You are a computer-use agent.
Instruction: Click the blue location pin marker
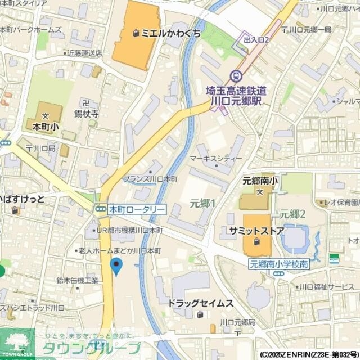pos(116,266)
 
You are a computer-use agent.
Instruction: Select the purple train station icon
pos(236,75)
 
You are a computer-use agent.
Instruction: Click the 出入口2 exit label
pos(256,39)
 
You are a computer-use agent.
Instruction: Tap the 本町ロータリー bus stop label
pos(137,209)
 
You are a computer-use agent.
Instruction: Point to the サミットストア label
pos(256,231)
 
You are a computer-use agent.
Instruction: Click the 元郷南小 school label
pos(260,181)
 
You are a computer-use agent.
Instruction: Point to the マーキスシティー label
pos(216,159)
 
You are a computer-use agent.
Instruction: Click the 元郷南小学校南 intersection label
pos(279,263)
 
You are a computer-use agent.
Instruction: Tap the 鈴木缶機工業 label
pos(78,280)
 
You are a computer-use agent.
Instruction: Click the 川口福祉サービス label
pos(324,287)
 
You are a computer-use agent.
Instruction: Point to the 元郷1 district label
pos(202,202)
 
